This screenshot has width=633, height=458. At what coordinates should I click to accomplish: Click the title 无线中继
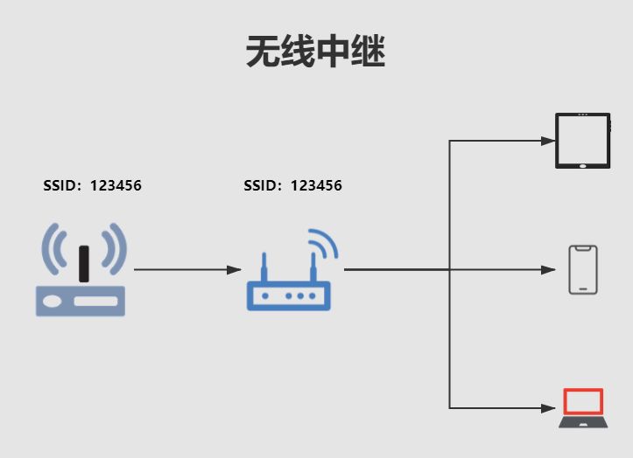tap(316, 52)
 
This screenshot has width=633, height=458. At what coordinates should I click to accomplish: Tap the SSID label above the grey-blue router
tap(93, 185)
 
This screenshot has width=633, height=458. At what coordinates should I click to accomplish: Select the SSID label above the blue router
tap(293, 185)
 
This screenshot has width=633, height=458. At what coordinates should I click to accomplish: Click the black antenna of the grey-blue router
tap(84, 264)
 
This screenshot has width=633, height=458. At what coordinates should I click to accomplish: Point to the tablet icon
tap(583, 141)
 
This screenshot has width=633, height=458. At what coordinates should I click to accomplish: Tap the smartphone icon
tap(583, 270)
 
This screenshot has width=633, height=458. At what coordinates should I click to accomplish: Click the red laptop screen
tap(583, 401)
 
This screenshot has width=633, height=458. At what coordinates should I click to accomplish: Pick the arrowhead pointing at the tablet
tap(548, 141)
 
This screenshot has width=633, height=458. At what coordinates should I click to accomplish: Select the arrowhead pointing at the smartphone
tap(548, 270)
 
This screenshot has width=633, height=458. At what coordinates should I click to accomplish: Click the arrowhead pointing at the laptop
tap(548, 408)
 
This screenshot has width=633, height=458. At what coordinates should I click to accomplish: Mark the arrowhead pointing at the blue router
tap(234, 270)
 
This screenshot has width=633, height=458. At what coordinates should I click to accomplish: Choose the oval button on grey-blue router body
tap(52, 302)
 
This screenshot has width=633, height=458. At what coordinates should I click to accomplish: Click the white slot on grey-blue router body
tap(95, 302)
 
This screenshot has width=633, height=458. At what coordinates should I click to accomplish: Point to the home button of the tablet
tap(582, 166)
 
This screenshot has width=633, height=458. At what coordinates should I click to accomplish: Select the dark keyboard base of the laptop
tap(583, 422)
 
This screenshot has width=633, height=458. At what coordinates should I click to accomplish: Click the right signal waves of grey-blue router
tap(114, 249)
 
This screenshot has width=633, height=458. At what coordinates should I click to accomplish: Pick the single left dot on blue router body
tap(265, 296)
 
